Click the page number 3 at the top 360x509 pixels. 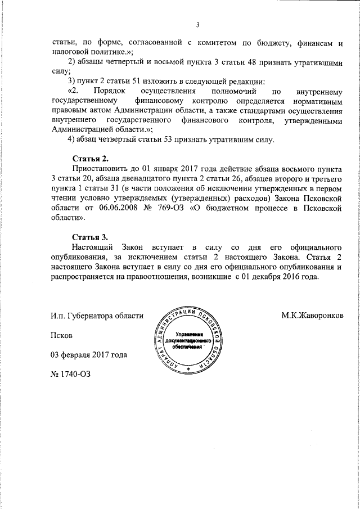[x=197, y=24]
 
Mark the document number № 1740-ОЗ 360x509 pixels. [x=70, y=373]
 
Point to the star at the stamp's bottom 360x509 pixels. [x=188, y=369]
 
